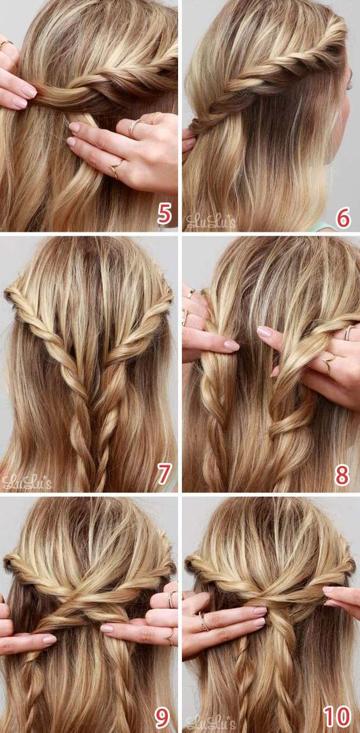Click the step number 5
coord(164,213)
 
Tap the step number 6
coord(343,216)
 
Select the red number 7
coord(164,474)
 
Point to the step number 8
coord(342,475)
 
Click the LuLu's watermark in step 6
coord(211,221)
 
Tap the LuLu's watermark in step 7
coord(27,482)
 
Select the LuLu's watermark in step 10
coord(211,722)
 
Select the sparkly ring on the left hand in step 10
coord(204,621)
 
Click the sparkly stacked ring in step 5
coord(134,128)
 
